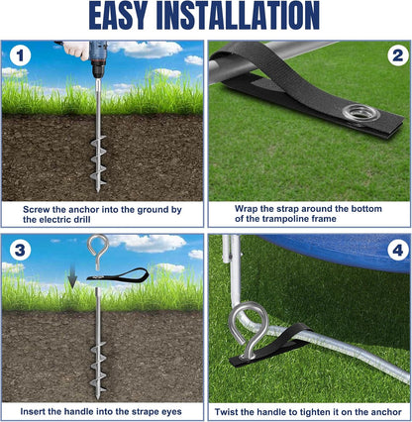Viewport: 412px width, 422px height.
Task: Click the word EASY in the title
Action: coord(118,16)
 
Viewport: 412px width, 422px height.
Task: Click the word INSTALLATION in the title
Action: coord(238,16)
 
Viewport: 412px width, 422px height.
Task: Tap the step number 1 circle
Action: coord(20,55)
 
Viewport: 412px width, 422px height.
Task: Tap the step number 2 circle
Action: coord(397,55)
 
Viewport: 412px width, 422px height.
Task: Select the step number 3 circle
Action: coord(20,250)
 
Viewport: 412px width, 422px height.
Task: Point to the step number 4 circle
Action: coord(397,251)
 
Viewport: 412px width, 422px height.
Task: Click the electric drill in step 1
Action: coord(97,59)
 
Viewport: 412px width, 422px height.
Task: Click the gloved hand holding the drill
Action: coord(76,50)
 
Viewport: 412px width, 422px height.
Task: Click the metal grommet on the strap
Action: coord(360,114)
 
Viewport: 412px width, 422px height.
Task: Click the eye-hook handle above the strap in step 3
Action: coord(98,251)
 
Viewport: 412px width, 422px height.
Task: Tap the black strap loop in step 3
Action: coord(118,275)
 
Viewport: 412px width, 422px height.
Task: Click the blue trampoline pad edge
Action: coord(334,251)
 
